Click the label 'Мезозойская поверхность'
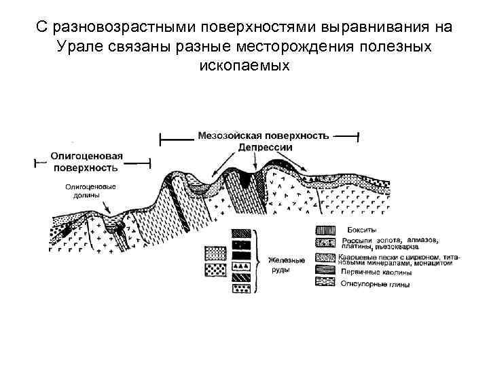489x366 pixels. (263, 135)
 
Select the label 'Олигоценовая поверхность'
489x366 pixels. (86, 161)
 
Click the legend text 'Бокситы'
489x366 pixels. (362, 229)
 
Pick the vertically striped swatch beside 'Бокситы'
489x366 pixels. (326, 230)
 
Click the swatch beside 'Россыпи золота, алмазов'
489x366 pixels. (326, 243)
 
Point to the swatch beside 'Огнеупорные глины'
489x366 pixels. (326, 283)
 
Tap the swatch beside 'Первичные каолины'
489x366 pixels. (326, 270)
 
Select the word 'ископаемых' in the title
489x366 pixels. (244, 66)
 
